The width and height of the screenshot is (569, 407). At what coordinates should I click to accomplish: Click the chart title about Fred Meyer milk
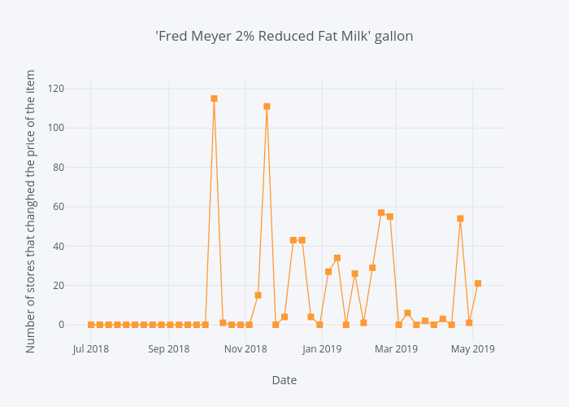pos(284,36)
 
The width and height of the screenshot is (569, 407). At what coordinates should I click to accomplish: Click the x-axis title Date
pos(284,380)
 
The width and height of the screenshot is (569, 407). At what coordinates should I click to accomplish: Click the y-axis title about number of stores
pos(31,211)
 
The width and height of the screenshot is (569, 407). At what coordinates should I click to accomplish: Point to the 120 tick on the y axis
pos(55,89)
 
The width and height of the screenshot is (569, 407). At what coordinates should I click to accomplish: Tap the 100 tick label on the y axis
pos(55,128)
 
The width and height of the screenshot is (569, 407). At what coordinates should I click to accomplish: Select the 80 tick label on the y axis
pos(59,168)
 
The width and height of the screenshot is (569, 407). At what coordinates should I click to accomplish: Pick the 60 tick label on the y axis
pos(59,207)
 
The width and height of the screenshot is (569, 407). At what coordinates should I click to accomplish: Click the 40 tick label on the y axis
pos(59,246)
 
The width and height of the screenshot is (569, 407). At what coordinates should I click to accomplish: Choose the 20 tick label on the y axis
pos(59,286)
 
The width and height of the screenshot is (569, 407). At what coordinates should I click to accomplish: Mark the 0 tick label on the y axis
pos(62,325)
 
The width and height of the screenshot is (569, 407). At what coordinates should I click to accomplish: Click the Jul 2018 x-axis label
pos(91,349)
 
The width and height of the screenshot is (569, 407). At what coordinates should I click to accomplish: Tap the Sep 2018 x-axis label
pos(168,349)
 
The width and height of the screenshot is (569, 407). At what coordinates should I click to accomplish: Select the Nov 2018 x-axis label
pos(245,349)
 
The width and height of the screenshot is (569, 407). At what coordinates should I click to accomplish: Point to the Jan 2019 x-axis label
pos(322,349)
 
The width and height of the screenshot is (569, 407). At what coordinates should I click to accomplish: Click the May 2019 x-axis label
pos(473,349)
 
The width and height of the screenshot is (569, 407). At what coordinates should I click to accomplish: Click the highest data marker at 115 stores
pos(214,98)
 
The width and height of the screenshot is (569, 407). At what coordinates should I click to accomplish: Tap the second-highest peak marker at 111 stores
pos(267,107)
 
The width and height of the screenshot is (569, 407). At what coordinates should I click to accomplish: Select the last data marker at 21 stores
pos(478,283)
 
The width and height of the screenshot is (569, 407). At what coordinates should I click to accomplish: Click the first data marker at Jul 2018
pos(91,325)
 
